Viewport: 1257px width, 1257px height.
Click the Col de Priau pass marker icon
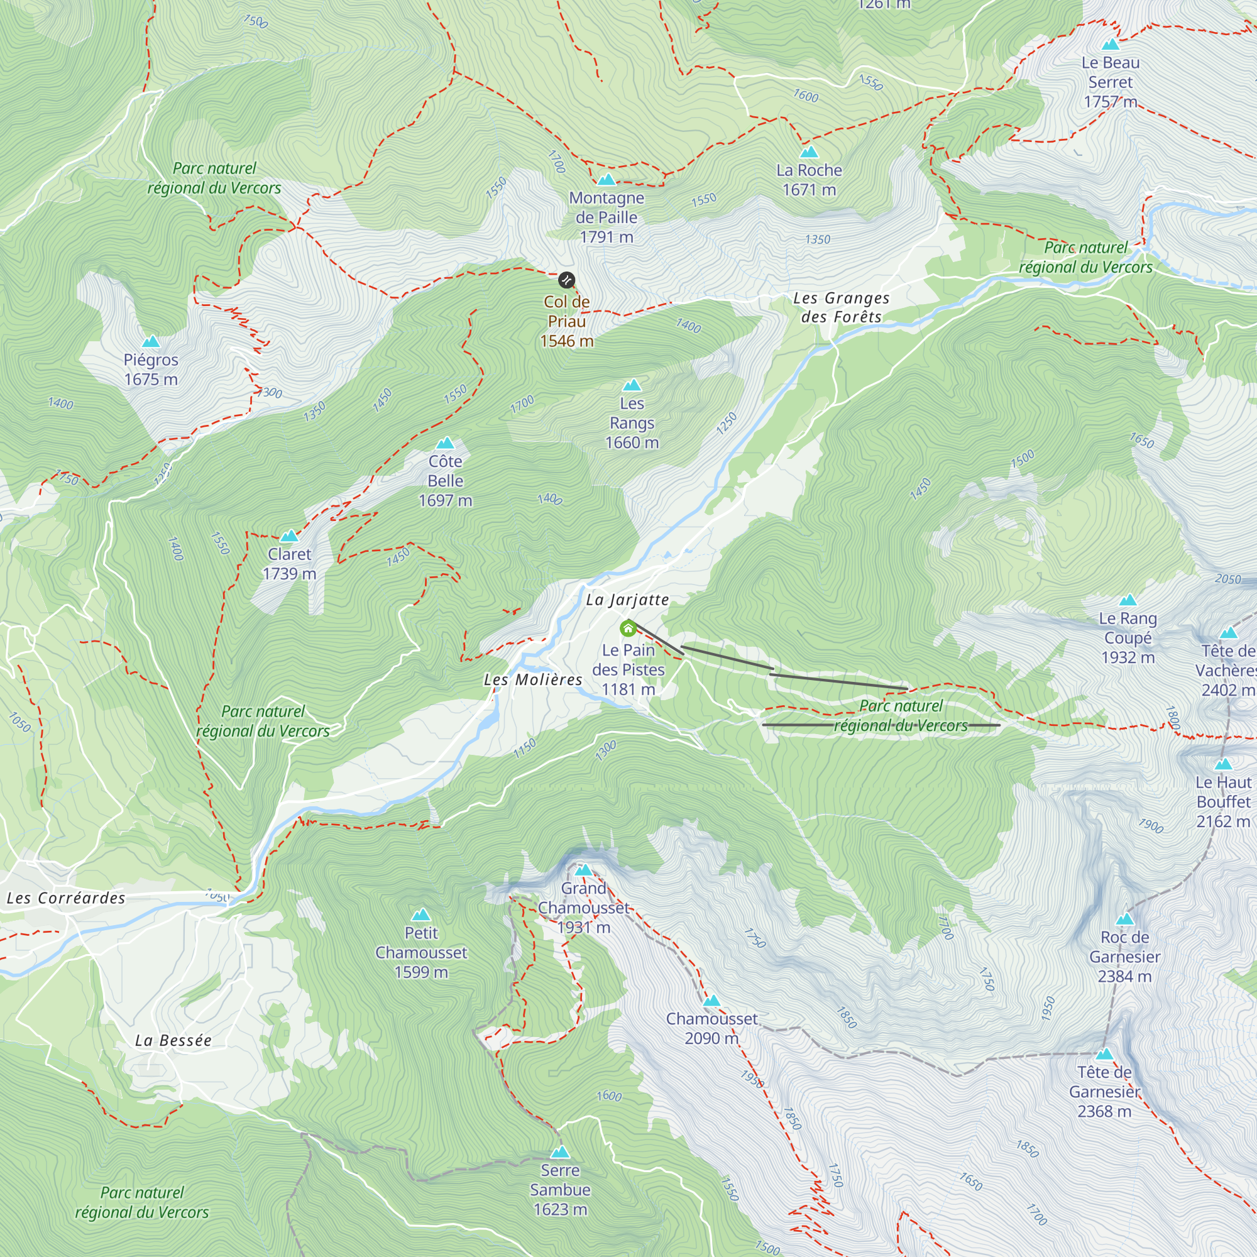(567, 280)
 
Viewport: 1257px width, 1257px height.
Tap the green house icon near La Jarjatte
(628, 628)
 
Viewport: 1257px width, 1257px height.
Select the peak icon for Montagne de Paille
(607, 180)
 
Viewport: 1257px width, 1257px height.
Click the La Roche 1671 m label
(809, 180)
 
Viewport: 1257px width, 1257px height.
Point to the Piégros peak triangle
(151, 341)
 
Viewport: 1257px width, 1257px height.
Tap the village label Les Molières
(533, 680)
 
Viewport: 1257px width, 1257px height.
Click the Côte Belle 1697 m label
(445, 480)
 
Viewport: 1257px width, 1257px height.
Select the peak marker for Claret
(289, 537)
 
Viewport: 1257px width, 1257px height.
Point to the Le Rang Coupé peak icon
(1128, 600)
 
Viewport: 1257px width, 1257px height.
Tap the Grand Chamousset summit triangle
(584, 870)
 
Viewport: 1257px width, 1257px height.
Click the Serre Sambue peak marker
(560, 1153)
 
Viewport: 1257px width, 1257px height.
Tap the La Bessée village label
(173, 1040)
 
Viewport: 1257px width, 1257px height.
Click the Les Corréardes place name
(66, 899)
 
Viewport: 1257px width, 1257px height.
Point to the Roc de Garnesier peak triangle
(1124, 919)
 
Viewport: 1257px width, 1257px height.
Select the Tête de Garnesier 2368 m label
(1104, 1091)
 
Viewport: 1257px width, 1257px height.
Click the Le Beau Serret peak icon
(1110, 45)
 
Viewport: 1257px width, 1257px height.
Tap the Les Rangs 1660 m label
(632, 423)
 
